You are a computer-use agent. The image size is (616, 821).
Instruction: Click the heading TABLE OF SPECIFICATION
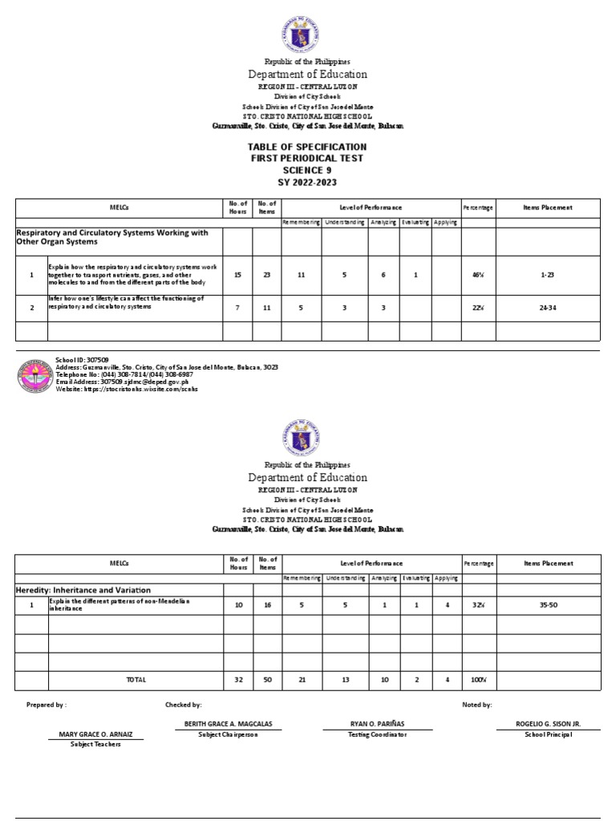click(x=308, y=147)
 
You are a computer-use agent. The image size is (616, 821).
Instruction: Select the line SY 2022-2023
click(x=308, y=183)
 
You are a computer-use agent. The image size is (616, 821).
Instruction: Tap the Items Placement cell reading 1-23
click(x=548, y=275)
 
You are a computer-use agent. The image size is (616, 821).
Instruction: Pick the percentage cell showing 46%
click(x=478, y=275)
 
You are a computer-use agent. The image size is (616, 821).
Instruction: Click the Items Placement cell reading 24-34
click(x=548, y=308)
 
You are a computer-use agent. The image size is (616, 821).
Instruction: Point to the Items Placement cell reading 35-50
click(x=548, y=605)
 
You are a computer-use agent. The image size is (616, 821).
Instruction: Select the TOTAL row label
click(x=136, y=680)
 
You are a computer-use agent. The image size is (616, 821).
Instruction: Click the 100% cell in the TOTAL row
click(x=478, y=680)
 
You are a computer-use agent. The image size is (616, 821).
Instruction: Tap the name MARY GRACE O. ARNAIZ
click(x=96, y=734)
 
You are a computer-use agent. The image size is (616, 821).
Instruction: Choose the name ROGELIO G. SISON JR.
click(x=548, y=724)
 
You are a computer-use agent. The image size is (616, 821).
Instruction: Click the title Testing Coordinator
click(x=377, y=734)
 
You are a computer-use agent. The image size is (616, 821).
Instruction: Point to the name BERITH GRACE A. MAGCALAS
click(x=228, y=724)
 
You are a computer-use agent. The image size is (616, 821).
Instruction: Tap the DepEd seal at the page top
click(x=307, y=32)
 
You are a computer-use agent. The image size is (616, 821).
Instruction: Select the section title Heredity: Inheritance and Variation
click(x=72, y=589)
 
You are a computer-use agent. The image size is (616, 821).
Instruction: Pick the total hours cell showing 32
click(x=237, y=680)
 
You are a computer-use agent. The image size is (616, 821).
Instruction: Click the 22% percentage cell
click(x=478, y=308)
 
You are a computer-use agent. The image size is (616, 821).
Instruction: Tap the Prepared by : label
click(x=47, y=705)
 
